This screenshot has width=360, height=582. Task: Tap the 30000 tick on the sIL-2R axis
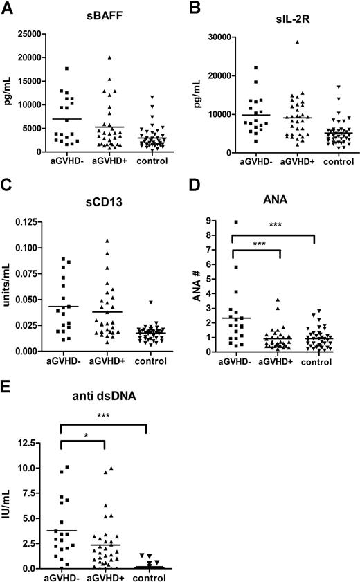click(x=215, y=37)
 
